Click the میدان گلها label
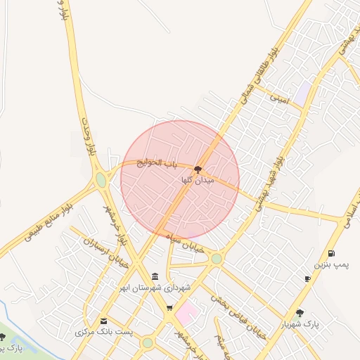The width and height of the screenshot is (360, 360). tap(197, 181)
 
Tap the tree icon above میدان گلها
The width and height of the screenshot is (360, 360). tap(197, 169)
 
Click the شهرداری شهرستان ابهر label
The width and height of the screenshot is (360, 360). tap(154, 288)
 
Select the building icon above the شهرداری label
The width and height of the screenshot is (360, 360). tap(155, 276)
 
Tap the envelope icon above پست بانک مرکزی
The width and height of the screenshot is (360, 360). tap(104, 321)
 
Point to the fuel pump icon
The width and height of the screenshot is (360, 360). tap(331, 253)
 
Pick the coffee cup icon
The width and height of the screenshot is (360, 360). tap(307, 279)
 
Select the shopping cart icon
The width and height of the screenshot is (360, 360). tap(169, 308)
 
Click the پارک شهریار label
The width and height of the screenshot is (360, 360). tap(300, 325)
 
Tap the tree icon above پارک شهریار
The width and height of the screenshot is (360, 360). tap(300, 313)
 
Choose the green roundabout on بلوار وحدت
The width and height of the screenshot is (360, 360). tap(101, 180)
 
